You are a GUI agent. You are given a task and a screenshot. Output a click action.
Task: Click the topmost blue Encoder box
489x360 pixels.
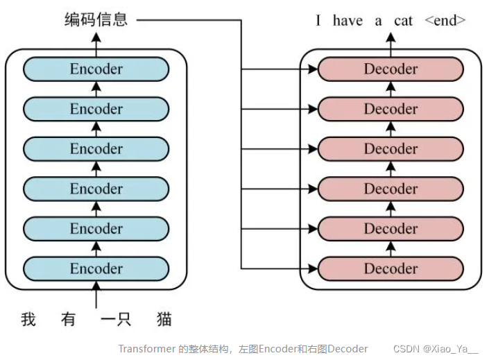[96, 69]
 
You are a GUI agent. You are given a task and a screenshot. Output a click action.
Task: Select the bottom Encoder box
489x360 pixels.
[96, 268]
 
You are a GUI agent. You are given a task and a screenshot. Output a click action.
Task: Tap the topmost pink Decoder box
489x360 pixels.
[391, 69]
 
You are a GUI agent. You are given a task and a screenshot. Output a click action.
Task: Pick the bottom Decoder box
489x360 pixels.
[391, 268]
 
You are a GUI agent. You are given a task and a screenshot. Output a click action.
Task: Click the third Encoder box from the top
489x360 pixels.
[96, 148]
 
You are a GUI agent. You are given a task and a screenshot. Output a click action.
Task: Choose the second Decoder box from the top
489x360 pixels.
[391, 109]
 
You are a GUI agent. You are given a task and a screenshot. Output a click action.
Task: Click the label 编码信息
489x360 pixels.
[96, 19]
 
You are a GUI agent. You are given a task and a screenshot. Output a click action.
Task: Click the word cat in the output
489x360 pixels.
[403, 21]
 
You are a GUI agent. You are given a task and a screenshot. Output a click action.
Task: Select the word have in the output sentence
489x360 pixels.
[348, 21]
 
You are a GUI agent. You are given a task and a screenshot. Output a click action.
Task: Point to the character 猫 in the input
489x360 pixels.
[164, 320]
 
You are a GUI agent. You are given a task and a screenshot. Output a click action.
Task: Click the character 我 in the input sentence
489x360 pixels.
[28, 320]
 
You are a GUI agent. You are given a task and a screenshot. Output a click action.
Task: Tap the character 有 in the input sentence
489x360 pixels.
[69, 320]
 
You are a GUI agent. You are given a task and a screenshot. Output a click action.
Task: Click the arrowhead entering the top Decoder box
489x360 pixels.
[313, 69]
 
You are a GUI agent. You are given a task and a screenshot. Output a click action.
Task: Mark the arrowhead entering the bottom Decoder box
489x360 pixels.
[313, 268]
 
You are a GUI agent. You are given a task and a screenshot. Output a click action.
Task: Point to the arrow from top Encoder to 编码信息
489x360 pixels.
[96, 43]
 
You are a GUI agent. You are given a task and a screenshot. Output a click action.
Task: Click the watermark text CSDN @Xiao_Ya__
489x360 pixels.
[436, 348]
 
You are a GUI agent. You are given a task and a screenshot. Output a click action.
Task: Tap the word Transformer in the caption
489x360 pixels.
[146, 348]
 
